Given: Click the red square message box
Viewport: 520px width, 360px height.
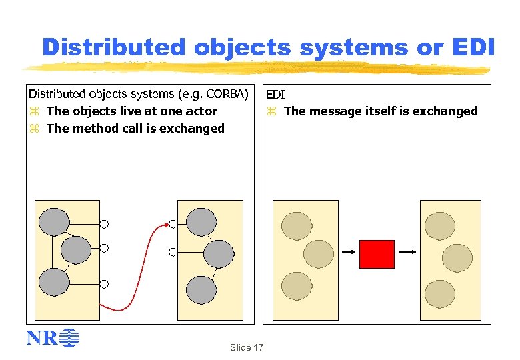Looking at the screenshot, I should tap(377, 254).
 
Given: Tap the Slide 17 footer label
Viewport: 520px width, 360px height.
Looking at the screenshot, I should tap(247, 347).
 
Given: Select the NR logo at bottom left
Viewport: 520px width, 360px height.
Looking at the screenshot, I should tap(53, 339).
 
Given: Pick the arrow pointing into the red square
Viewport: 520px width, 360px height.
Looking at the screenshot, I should tap(349, 252).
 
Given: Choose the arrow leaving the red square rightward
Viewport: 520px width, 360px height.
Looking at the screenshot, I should tap(407, 252).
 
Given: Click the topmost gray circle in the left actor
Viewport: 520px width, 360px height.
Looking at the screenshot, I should tap(54, 221).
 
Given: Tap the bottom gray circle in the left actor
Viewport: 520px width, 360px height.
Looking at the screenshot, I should tap(54, 282).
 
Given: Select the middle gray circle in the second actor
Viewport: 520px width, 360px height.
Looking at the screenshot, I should tap(219, 254).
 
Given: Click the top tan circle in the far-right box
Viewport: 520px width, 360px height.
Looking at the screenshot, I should tap(441, 225).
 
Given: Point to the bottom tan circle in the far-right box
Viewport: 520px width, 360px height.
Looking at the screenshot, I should tap(440, 293).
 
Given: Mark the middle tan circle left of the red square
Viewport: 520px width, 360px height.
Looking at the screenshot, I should tap(318, 254).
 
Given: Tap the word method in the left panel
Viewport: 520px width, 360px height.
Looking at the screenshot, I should tap(93, 129).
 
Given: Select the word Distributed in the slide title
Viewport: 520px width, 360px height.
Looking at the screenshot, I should tap(113, 47).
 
